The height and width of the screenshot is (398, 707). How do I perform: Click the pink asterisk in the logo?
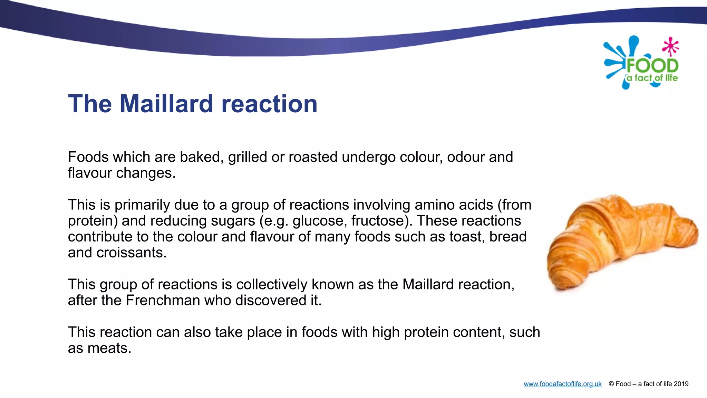(x=671, y=46)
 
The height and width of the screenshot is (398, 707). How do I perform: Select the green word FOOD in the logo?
(x=652, y=66)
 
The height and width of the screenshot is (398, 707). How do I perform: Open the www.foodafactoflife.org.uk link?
(x=562, y=384)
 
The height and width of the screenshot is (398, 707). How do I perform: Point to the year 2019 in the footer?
(x=681, y=384)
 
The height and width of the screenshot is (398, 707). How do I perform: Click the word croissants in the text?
(x=131, y=253)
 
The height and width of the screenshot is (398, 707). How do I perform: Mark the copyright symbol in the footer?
(x=611, y=384)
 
